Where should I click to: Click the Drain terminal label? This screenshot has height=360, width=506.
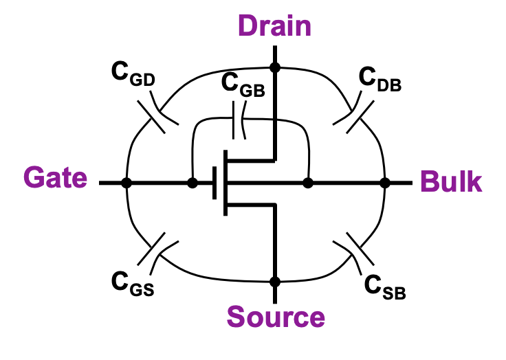coord(275,25)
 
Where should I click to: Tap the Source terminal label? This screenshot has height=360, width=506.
coord(276,317)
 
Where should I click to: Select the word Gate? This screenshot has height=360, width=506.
coord(56,179)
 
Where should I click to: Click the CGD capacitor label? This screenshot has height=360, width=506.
coord(133,76)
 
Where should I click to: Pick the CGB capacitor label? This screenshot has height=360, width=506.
coord(243,85)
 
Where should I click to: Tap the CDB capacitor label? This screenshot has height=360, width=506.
coord(380,80)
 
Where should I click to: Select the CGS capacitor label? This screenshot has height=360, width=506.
coord(132,282)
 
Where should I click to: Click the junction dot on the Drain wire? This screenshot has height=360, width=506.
coord(275,67)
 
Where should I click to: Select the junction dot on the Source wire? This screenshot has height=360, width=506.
coord(275,282)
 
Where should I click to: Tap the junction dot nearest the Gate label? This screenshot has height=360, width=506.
coord(126,183)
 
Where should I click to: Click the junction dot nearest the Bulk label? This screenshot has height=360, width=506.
coord(385,183)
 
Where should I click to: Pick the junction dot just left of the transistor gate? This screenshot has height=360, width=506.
coord(192,183)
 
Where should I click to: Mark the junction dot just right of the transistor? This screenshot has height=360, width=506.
coord(308,183)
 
